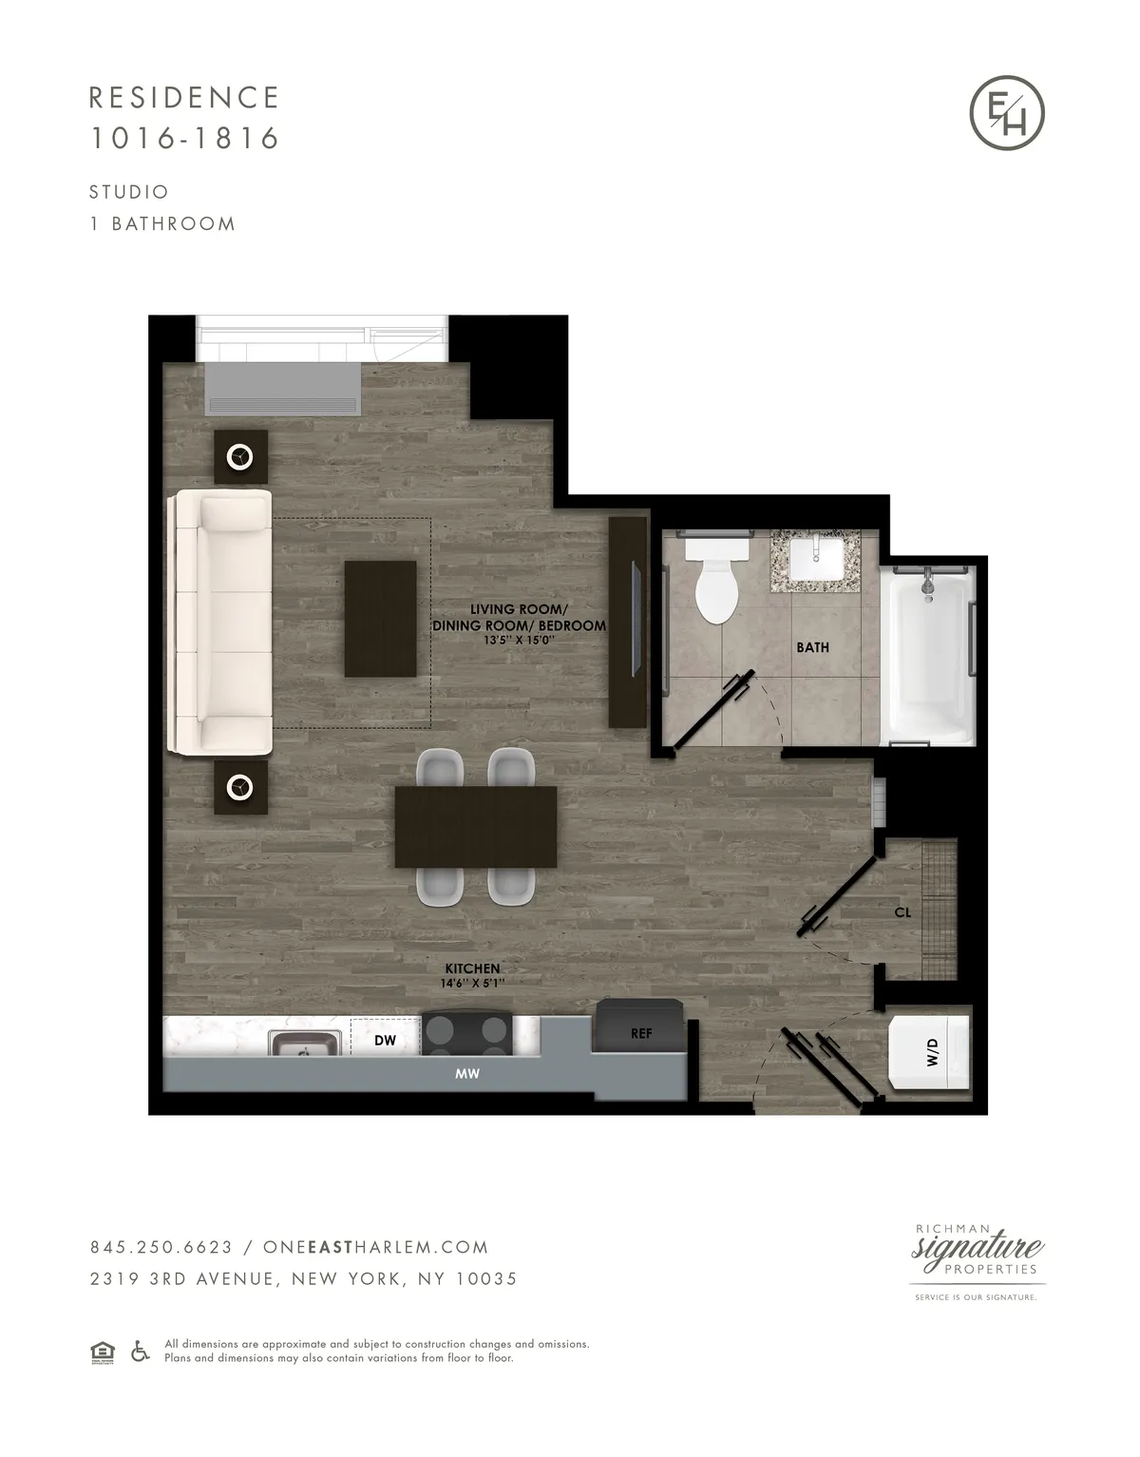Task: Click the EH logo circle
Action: [1007, 112]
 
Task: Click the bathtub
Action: [927, 656]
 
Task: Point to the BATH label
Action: [812, 647]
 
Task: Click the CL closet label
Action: [902, 912]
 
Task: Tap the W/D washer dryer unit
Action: [929, 1052]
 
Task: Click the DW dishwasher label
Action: [385, 1041]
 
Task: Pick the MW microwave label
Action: [466, 1074]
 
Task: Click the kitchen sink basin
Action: [305, 1043]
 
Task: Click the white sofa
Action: [220, 623]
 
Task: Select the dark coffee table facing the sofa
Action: [380, 619]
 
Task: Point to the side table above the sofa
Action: [240, 458]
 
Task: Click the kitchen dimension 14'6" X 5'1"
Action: [472, 983]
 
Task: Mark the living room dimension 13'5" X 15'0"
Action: [518, 641]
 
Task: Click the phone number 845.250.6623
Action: [161, 1247]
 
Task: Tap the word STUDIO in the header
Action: [129, 192]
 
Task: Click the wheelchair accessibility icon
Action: [140, 1351]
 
